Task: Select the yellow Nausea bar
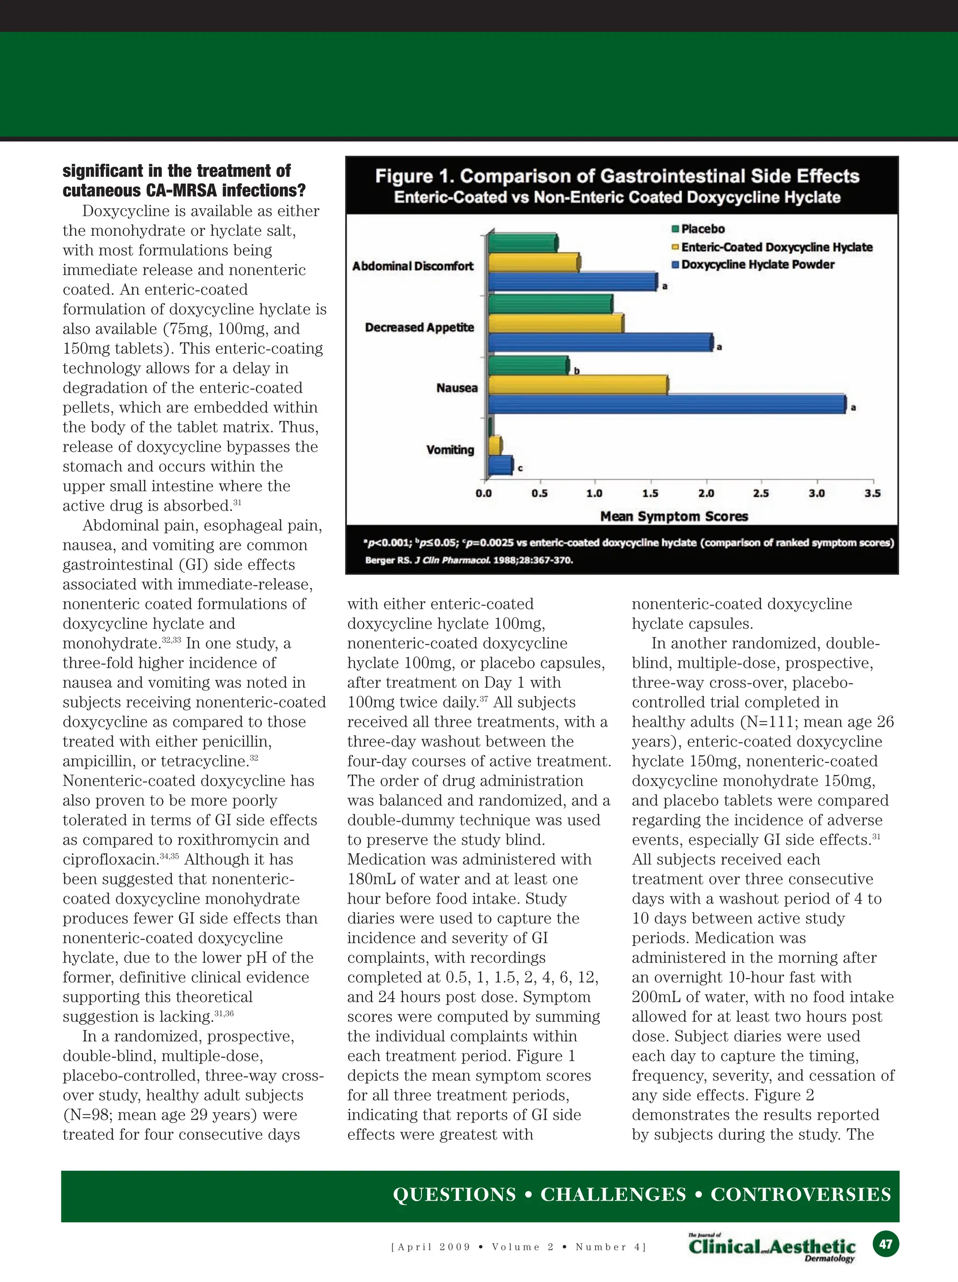(578, 385)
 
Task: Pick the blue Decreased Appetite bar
(601, 342)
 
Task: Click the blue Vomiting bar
(500, 465)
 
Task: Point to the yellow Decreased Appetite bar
(556, 323)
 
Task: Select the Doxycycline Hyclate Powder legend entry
(757, 265)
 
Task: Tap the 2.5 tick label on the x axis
(761, 493)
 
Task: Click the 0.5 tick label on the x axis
(539, 493)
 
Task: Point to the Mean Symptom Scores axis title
(674, 516)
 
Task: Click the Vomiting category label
(450, 450)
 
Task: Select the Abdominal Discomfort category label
(413, 266)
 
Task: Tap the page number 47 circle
(885, 1244)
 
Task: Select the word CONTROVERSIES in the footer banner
(801, 1194)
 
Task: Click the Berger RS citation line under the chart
(469, 560)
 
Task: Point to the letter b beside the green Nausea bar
(577, 371)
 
